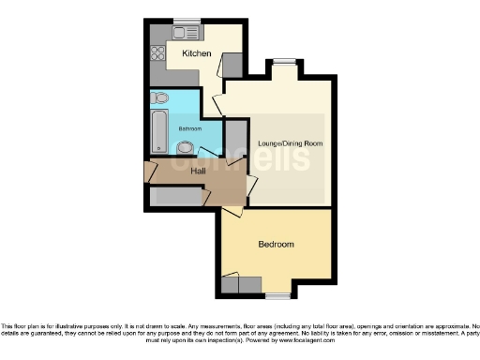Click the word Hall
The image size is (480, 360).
(199, 172)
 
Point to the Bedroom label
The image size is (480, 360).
(276, 244)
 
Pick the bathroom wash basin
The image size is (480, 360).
(186, 147)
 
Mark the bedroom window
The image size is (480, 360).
(277, 295)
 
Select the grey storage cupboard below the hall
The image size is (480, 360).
(177, 197)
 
